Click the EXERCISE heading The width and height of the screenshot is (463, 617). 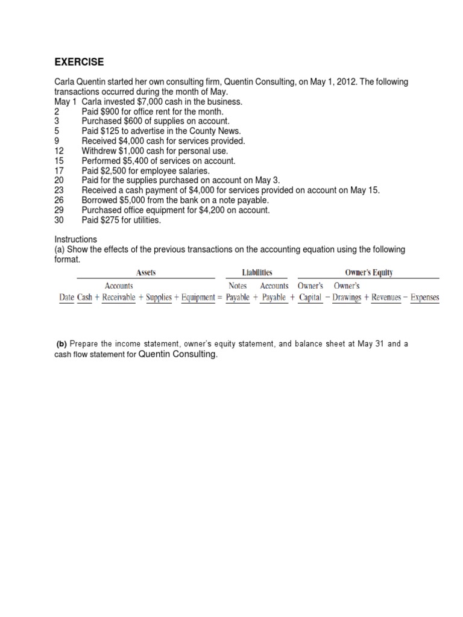[80, 62]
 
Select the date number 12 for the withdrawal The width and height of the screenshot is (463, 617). [59, 151]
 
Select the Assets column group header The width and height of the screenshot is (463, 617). [145, 273]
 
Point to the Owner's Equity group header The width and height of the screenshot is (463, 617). [369, 273]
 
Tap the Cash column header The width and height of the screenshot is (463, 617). [84, 297]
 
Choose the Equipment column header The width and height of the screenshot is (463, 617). [198, 297]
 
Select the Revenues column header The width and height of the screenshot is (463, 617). [386, 297]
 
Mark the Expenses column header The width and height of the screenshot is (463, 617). [425, 297]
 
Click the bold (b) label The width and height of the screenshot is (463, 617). [61, 344]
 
